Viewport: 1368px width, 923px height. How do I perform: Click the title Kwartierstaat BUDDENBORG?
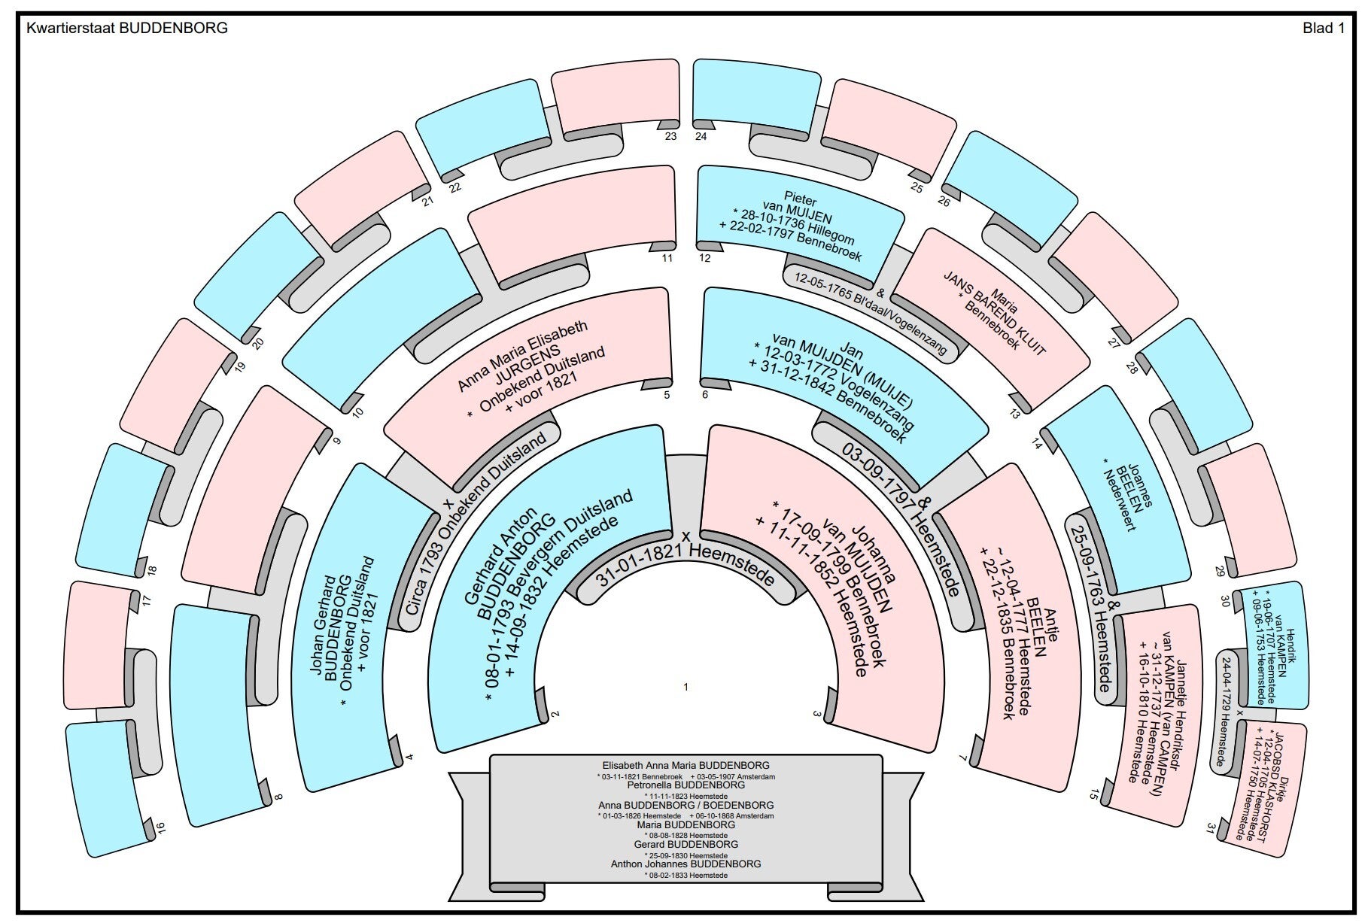[x=126, y=29]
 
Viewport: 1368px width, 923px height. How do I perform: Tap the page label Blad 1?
[x=1323, y=29]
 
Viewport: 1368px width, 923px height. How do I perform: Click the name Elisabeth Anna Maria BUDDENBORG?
[x=686, y=766]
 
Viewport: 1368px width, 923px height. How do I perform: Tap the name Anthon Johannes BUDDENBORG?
[x=686, y=864]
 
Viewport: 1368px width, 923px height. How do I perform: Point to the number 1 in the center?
[x=686, y=687]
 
